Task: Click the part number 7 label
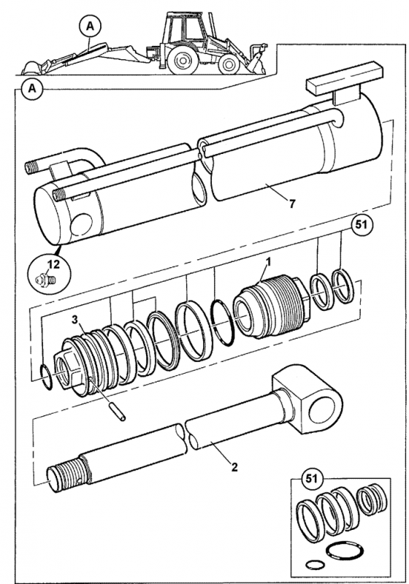point(291,204)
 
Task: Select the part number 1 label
point(268,262)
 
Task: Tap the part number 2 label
point(234,466)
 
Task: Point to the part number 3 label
point(75,319)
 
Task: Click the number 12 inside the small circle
point(53,264)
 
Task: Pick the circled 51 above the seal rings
point(362,225)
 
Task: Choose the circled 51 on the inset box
point(311,478)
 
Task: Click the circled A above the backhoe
point(90,26)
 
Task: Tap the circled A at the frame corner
point(33,89)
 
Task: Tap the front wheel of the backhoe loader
point(229,65)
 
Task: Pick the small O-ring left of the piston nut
point(47,377)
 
